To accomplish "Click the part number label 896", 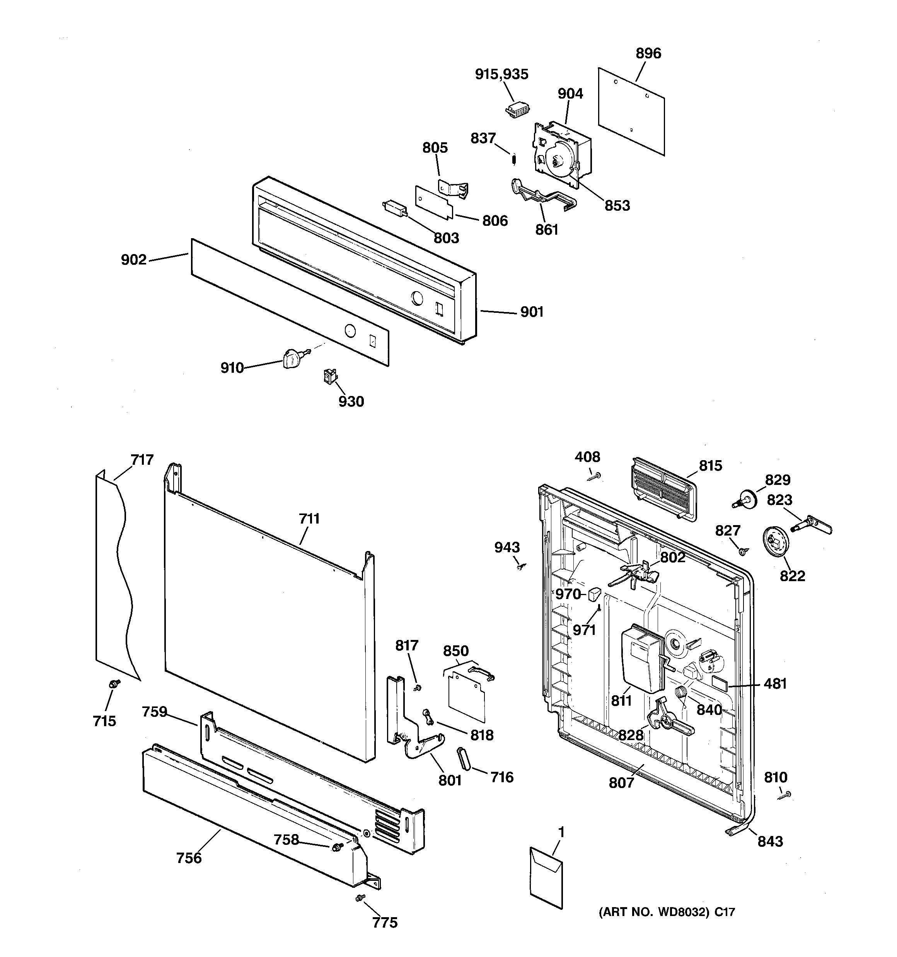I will pyautogui.click(x=648, y=53).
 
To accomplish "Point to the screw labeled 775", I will pyautogui.click(x=359, y=898).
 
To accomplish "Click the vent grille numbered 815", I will pyautogui.click(x=663, y=489).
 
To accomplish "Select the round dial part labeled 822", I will pyautogui.click(x=775, y=542).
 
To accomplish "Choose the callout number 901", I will pyautogui.click(x=532, y=312).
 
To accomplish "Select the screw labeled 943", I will pyautogui.click(x=521, y=566).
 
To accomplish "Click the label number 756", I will pyautogui.click(x=189, y=858).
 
